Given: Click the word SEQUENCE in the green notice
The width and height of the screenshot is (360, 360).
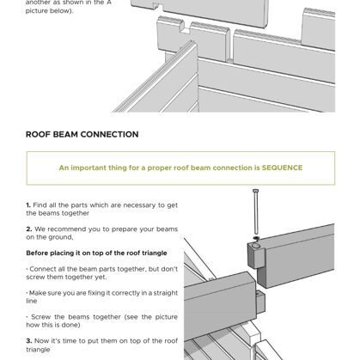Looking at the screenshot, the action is pyautogui.click(x=282, y=168).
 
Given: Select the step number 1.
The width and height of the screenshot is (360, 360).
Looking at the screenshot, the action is pyautogui.click(x=28, y=205).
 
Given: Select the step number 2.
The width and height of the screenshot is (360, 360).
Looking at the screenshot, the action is pyautogui.click(x=29, y=229).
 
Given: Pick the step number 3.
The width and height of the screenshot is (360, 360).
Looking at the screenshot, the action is pyautogui.click(x=29, y=341).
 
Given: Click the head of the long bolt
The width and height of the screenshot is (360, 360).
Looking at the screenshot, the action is pyautogui.click(x=256, y=191).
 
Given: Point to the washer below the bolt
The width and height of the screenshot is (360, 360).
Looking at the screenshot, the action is pyautogui.click(x=256, y=238).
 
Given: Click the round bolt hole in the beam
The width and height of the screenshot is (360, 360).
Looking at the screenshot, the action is pyautogui.click(x=256, y=246).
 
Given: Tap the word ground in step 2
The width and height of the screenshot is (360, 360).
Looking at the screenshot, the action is pyautogui.click(x=64, y=237).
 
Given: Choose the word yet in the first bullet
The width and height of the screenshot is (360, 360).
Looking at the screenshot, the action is pyautogui.click(x=101, y=278).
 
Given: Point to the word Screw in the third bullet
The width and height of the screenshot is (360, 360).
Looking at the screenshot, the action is pyautogui.click(x=40, y=317).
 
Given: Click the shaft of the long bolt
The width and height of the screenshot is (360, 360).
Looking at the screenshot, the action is pyautogui.click(x=256, y=213).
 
